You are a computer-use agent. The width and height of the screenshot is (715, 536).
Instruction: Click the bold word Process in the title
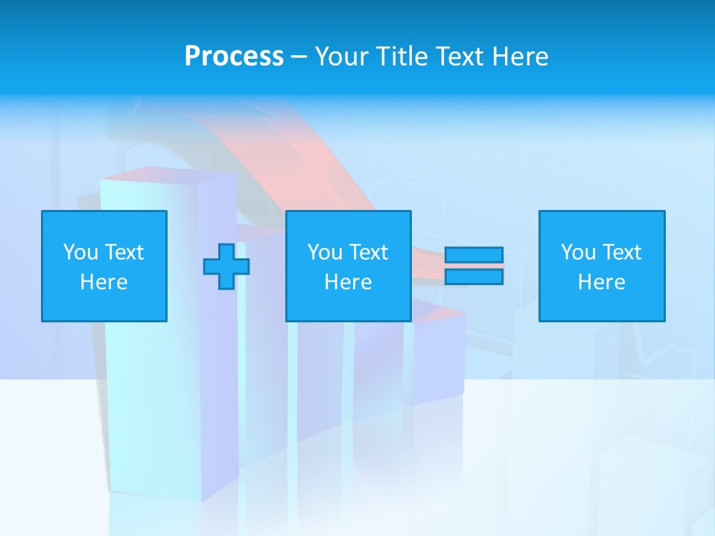pos(234,57)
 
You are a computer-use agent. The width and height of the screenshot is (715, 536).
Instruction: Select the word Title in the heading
pos(400,57)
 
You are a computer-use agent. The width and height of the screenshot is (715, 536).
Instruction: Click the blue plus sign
pos(226,267)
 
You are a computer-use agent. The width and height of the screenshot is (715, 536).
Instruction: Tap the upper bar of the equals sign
pos(474,255)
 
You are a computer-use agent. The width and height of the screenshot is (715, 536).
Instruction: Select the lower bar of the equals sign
pos(474,277)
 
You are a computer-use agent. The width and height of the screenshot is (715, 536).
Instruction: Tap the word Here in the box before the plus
pos(104,282)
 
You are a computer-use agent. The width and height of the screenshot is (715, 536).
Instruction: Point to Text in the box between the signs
pos(368,252)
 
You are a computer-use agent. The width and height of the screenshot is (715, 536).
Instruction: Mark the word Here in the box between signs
pos(349,282)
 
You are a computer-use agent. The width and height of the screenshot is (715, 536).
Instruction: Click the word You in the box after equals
pos(577,252)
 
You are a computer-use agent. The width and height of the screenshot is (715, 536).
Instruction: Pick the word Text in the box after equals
pos(621,252)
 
